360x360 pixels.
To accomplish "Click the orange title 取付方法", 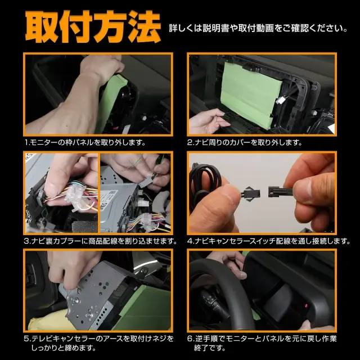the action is tap(93, 26).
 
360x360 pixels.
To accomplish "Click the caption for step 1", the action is tap(85, 142).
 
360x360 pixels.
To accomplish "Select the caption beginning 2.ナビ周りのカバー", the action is tap(245, 142).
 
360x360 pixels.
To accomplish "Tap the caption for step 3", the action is tap(101, 241).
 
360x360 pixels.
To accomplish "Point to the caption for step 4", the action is tap(269, 241).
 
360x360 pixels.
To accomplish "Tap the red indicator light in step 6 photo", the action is tap(306, 306).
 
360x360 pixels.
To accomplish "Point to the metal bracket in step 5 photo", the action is tap(96, 296).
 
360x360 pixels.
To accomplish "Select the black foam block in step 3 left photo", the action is tap(84, 226).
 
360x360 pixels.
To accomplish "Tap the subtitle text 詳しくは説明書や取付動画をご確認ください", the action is tap(258, 29).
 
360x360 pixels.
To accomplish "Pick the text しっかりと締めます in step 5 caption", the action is tap(64, 348).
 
